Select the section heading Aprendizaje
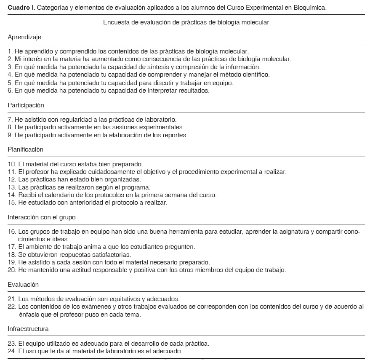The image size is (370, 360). [x=24, y=37]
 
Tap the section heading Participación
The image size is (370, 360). [x=26, y=105]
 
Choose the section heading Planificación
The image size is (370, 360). [x=25, y=149]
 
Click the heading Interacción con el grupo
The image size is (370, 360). [x=41, y=217]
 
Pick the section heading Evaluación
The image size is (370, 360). [x=23, y=285]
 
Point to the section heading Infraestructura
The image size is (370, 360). [x=28, y=328]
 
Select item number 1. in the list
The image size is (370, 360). [x=11, y=51]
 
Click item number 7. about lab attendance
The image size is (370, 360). [x=11, y=120]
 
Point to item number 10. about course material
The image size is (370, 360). [x=12, y=164]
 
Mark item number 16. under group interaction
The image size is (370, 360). [x=12, y=232]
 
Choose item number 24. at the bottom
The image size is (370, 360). [x=12, y=351]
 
